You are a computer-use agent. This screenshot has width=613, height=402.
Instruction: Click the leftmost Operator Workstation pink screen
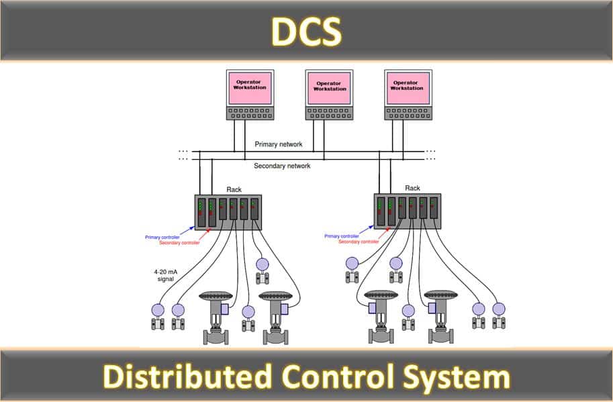click(x=250, y=87)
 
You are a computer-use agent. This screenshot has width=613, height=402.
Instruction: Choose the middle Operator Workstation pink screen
click(x=329, y=87)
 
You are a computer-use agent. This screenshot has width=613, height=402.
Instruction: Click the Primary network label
click(x=278, y=144)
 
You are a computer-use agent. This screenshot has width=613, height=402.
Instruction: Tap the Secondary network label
click(x=282, y=166)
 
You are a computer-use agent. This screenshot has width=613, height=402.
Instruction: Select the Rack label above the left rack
click(x=234, y=190)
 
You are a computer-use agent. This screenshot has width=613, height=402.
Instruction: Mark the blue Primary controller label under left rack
click(x=162, y=237)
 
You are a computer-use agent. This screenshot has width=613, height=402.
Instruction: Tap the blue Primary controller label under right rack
click(x=341, y=236)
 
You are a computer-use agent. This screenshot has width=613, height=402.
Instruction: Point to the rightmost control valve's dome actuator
click(x=443, y=296)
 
